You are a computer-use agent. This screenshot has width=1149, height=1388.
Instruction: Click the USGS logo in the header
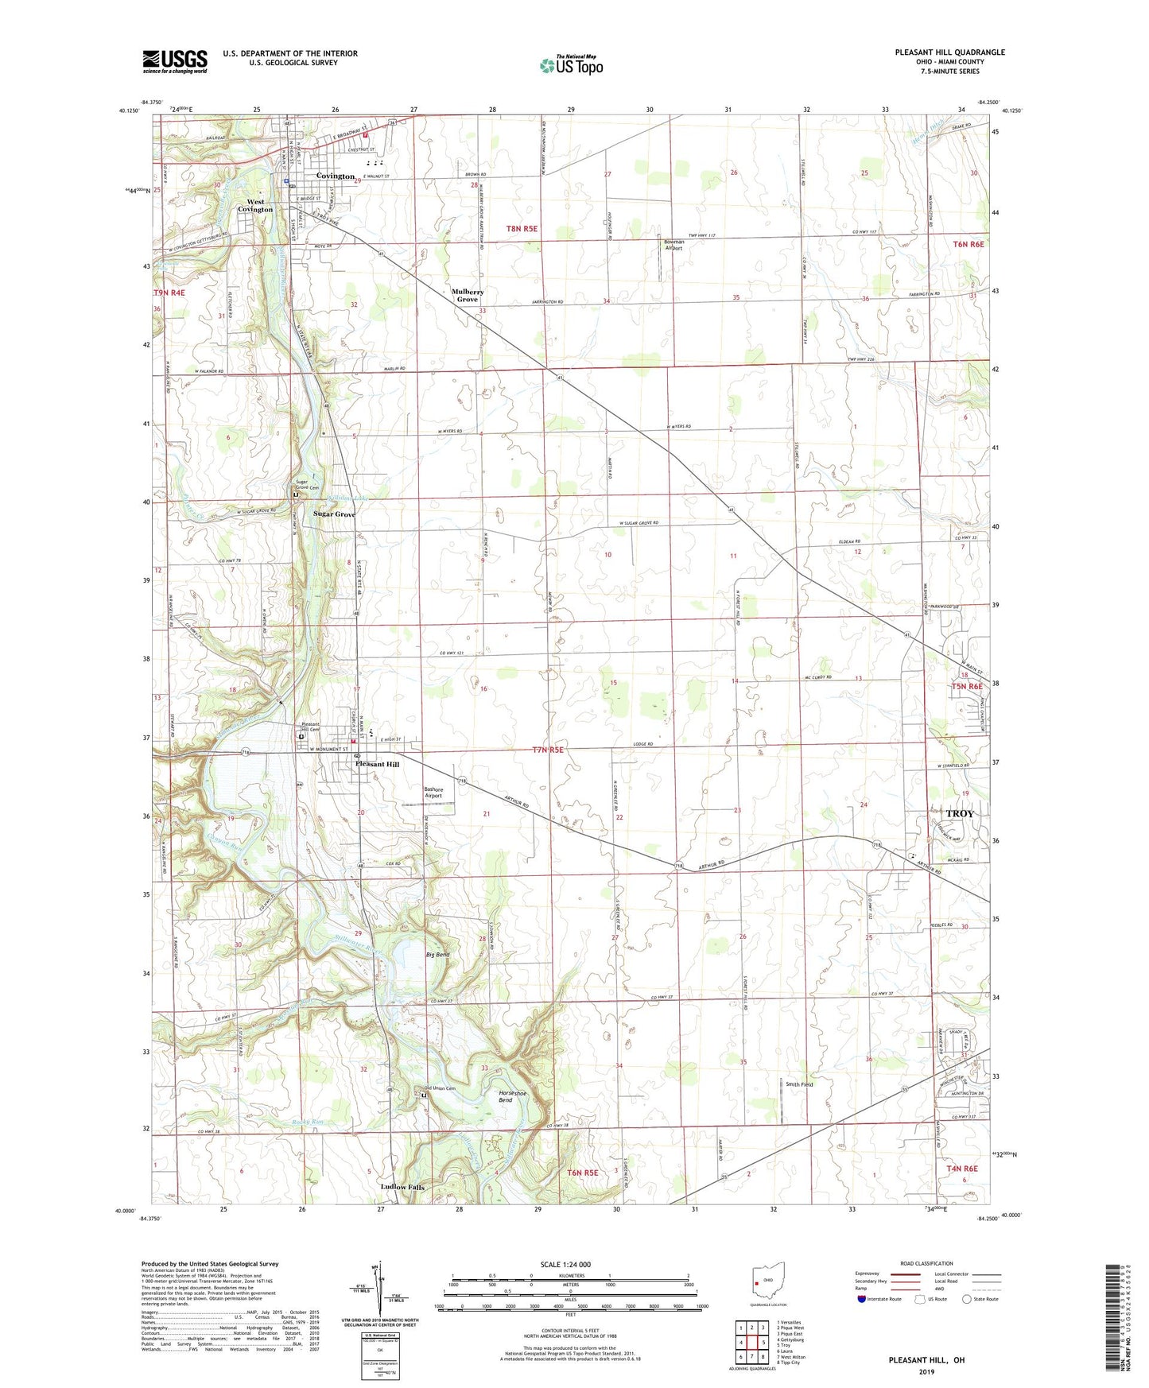coord(175,61)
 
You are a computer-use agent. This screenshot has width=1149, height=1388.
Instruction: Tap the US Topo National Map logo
coord(571,64)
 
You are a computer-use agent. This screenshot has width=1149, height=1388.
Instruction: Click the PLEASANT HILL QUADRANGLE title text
coord(949,52)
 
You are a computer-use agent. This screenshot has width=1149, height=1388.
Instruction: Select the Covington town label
coord(335,176)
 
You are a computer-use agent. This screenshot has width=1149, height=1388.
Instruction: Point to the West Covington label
coord(255,206)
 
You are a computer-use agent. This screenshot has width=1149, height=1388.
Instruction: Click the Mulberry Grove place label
coord(468,296)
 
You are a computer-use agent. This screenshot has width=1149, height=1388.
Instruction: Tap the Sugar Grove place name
coord(334,514)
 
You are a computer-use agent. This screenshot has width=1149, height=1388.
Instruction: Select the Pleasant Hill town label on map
coord(377,764)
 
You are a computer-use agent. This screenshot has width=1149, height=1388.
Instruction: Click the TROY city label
coord(958,814)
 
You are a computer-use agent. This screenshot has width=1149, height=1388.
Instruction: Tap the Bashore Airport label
coord(433,793)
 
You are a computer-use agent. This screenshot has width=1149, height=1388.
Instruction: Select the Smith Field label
coord(799,1084)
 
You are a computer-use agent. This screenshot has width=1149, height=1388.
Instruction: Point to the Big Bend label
coord(437,955)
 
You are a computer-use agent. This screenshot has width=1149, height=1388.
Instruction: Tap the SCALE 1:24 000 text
coord(565,1265)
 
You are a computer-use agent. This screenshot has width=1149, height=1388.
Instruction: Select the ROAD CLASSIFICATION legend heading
coord(926,1263)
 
